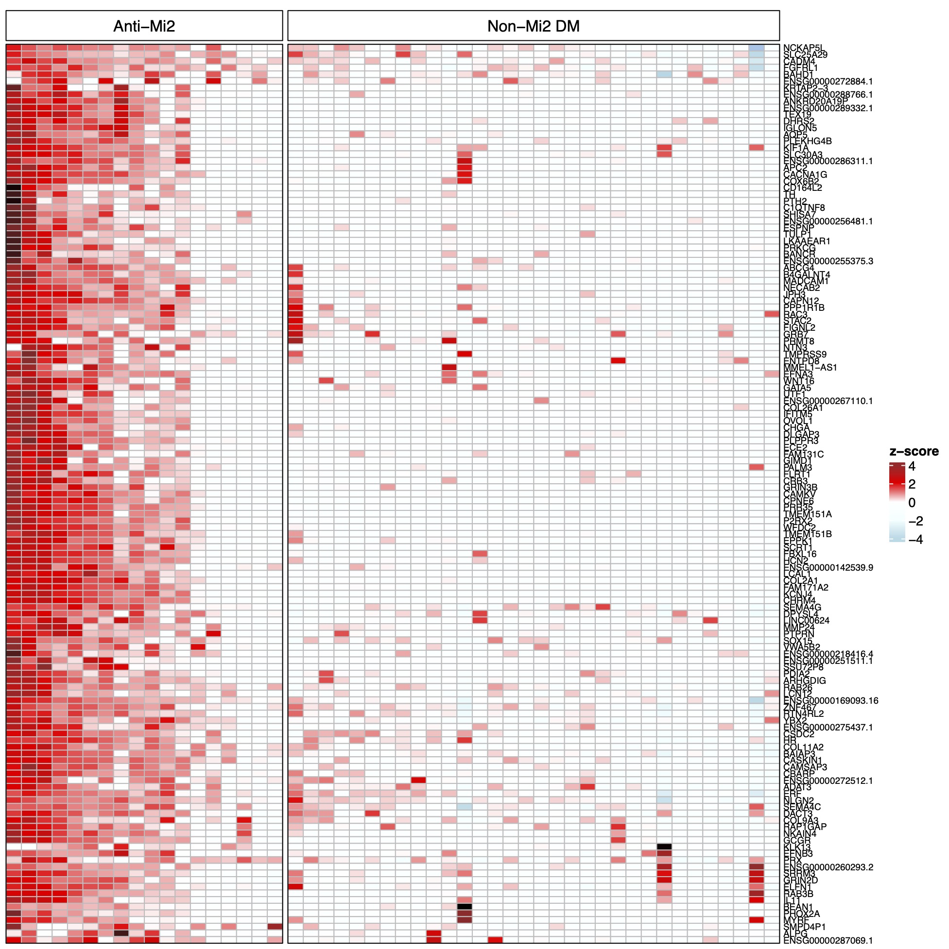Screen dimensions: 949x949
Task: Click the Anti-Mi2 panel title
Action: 144,26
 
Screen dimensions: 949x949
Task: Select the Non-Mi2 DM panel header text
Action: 533,26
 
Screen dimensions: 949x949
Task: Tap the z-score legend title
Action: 914,451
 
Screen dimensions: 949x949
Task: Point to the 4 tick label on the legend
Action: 912,466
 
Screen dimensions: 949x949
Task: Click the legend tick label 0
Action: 912,503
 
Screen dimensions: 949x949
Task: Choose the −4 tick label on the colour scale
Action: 915,540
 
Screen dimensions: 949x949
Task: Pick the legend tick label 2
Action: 912,484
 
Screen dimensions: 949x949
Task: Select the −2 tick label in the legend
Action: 915,521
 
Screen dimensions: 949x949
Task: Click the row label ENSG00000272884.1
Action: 828,81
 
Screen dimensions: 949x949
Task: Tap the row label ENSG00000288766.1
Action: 828,94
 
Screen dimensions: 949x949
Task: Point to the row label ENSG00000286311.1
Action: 828,161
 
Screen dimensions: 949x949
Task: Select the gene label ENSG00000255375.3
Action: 828,261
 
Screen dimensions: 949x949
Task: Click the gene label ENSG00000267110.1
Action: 828,401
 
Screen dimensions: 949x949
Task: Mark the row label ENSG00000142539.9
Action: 828,567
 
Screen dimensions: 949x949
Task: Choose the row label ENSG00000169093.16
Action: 830,700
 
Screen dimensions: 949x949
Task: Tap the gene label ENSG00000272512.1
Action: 828,780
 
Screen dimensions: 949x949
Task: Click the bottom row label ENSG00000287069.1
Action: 828,940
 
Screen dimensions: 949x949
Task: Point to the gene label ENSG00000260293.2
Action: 828,867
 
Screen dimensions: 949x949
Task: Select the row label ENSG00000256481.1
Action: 828,221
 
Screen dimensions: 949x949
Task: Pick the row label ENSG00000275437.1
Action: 828,727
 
